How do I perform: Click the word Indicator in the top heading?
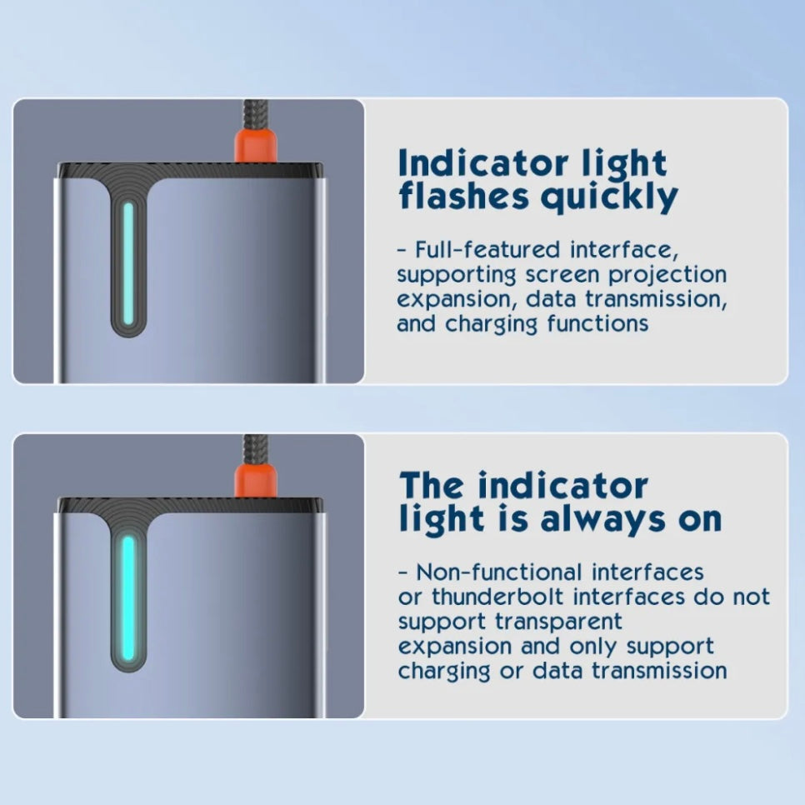pyautogui.click(x=482, y=163)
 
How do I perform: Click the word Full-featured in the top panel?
pyautogui.click(x=487, y=250)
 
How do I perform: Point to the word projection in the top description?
pyautogui.click(x=667, y=275)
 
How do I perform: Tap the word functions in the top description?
pyautogui.click(x=597, y=324)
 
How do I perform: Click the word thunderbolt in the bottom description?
pyautogui.click(x=497, y=597)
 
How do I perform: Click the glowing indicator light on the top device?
pyautogui.click(x=128, y=264)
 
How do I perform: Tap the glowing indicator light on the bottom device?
pyautogui.click(x=128, y=598)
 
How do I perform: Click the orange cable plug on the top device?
pyautogui.click(x=256, y=146)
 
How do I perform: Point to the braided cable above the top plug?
pyautogui.click(x=255, y=114)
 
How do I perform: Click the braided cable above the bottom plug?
pyautogui.click(x=256, y=450)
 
